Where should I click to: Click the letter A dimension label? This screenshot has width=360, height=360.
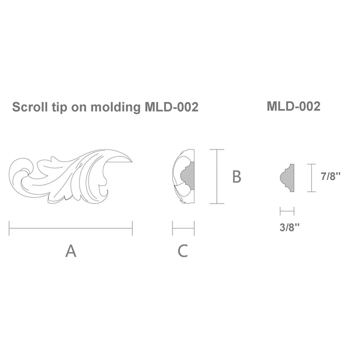(x=71, y=251)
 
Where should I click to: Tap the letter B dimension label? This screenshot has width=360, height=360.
(x=237, y=176)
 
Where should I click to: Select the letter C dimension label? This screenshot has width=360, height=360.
(x=183, y=251)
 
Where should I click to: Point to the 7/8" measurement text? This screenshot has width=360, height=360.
(x=330, y=176)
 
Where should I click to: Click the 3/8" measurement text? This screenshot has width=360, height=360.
(x=290, y=227)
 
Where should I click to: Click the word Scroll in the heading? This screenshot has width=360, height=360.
(x=30, y=107)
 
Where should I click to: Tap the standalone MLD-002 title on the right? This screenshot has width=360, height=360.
(x=294, y=106)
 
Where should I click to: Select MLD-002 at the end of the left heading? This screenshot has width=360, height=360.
(x=172, y=107)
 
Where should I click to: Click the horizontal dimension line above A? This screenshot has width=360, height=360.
(x=71, y=228)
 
